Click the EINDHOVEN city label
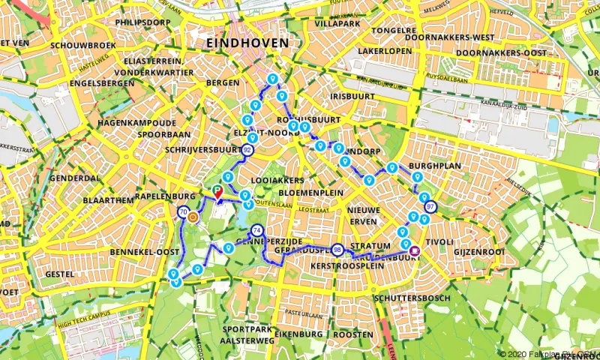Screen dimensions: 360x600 [247, 43]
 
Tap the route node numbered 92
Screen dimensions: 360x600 [247, 151]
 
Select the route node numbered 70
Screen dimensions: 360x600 [184, 213]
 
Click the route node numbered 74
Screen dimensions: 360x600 [257, 230]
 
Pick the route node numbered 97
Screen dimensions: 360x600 [430, 206]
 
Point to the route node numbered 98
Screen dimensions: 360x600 [337, 250]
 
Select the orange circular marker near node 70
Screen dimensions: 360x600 [193, 217]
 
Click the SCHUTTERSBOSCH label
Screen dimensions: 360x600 [412, 298]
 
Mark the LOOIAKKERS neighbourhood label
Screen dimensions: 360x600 [278, 181]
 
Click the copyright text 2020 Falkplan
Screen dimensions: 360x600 [547, 353]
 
